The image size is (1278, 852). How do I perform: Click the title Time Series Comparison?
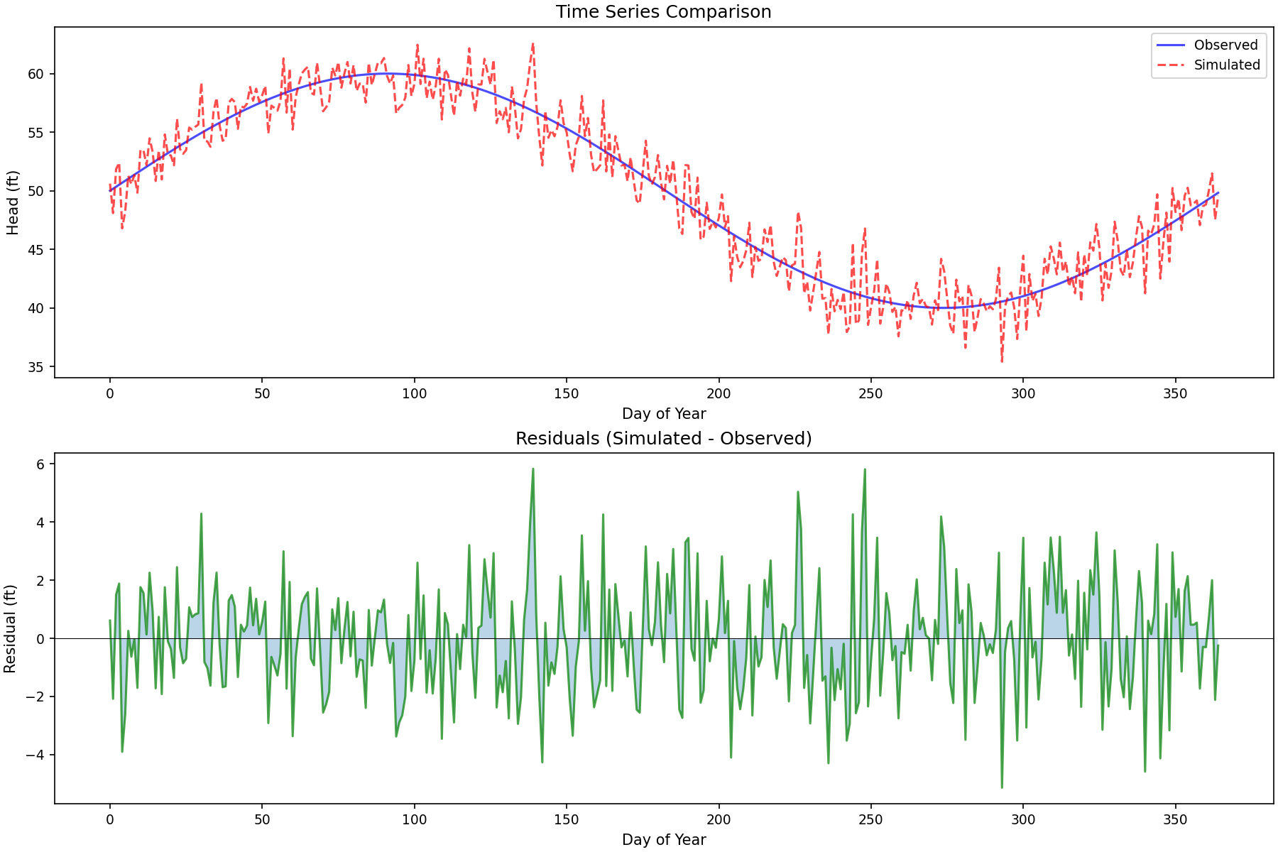click(x=663, y=12)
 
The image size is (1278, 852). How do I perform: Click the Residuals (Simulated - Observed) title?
click(x=663, y=439)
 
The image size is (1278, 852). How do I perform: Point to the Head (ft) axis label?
click(x=13, y=202)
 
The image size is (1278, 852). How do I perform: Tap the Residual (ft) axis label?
click(x=10, y=629)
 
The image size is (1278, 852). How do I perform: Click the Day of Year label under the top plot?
click(x=664, y=414)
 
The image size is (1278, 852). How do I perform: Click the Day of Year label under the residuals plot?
click(x=664, y=840)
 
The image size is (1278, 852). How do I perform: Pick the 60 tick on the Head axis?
click(x=35, y=74)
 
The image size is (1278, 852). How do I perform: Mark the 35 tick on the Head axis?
click(x=35, y=367)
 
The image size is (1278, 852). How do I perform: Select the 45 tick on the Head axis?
click(x=35, y=250)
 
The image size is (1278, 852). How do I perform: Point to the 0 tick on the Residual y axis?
click(x=40, y=639)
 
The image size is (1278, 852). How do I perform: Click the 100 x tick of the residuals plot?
click(x=414, y=820)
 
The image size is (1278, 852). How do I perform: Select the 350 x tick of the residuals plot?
click(x=1175, y=820)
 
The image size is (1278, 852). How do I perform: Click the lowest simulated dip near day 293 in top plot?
click(x=1002, y=362)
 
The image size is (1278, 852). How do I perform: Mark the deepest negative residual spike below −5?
click(x=1002, y=787)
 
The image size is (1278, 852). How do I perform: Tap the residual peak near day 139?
click(x=532, y=469)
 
